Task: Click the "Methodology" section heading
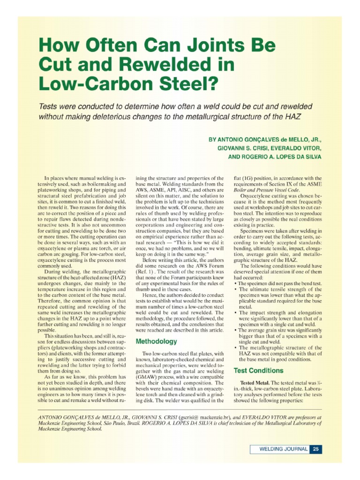point(156,341)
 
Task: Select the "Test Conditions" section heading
point(258,370)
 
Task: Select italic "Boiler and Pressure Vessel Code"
point(273,192)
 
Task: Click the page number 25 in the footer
point(316,449)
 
